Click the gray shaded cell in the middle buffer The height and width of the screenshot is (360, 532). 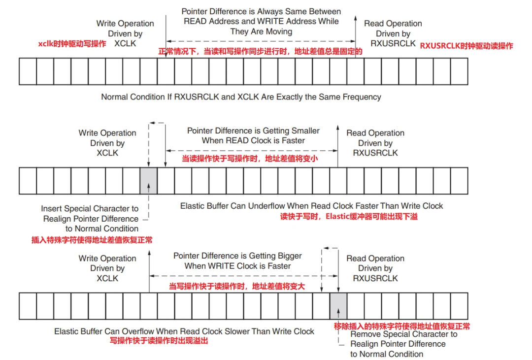click(149, 181)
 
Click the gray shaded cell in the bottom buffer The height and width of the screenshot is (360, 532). click(338, 306)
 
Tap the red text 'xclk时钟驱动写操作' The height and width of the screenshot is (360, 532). click(72, 44)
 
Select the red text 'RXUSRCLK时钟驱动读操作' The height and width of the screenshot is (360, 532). click(466, 46)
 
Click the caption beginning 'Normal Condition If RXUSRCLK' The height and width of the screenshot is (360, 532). click(241, 97)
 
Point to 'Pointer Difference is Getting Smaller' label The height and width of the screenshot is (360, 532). click(253, 131)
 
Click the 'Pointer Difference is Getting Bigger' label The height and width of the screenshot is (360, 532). click(237, 256)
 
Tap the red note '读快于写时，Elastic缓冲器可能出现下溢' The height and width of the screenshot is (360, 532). click(349, 216)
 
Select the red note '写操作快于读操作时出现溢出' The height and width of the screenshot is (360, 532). click(159, 340)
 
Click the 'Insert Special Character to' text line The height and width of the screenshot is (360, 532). click(90, 209)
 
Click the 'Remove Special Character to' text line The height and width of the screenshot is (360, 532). click(403, 334)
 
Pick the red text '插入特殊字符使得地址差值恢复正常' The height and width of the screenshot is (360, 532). click(92, 240)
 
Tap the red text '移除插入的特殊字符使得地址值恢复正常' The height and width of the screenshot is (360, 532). click(402, 326)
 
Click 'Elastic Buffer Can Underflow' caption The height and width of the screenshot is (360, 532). click(311, 206)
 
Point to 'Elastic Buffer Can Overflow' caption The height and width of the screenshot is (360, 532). click(184, 331)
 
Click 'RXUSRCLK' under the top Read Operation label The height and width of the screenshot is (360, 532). click(393, 43)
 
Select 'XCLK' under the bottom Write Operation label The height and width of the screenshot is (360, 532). click(107, 278)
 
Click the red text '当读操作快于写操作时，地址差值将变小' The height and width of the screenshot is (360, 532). click(250, 159)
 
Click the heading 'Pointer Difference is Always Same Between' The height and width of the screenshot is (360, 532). click(261, 11)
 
